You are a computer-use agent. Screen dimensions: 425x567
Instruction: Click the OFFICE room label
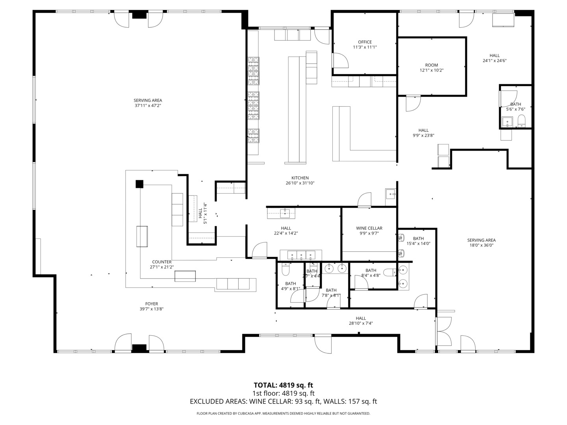(365, 42)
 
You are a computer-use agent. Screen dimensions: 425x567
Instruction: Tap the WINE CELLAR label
(369, 228)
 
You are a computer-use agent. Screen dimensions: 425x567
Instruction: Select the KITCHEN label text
(300, 178)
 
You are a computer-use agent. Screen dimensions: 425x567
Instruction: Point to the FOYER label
(152, 304)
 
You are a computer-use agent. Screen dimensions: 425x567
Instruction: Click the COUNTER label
(162, 262)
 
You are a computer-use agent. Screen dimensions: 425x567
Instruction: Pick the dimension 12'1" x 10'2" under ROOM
(432, 70)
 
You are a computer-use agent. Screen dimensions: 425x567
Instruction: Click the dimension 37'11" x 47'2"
(148, 105)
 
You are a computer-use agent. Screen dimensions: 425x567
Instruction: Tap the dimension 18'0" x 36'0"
(481, 245)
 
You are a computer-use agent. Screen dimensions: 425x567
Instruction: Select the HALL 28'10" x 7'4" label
(361, 321)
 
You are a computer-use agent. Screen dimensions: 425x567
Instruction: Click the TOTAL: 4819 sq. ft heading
(283, 385)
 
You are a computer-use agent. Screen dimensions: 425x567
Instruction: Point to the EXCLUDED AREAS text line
(283, 401)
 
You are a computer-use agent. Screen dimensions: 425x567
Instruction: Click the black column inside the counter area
(139, 184)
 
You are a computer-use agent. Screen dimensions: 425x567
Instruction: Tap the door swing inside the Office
(340, 61)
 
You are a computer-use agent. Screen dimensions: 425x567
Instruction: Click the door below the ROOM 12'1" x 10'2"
(413, 103)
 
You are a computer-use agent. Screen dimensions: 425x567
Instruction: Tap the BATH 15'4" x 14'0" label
(418, 241)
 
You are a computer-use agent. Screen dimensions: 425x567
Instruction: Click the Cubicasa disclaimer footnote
(283, 414)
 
